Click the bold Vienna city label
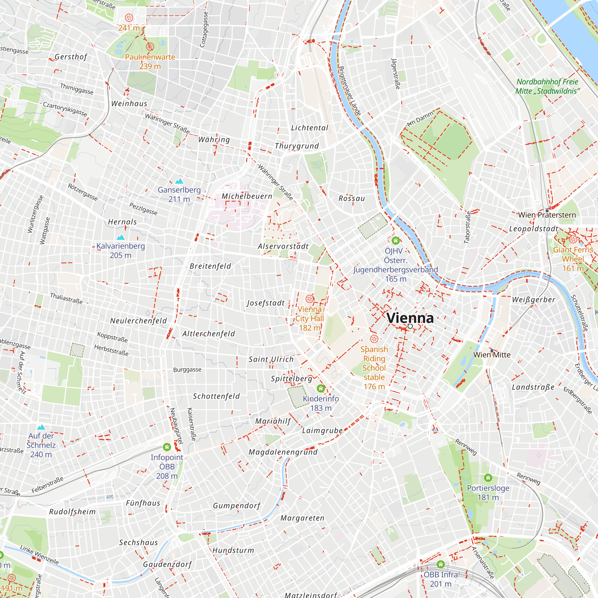[410, 318]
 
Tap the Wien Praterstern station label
[547, 215]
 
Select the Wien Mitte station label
[492, 355]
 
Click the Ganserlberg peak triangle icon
[179, 181]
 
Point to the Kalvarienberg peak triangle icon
[120, 237]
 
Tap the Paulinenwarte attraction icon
[150, 47]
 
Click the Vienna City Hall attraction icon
[309, 299]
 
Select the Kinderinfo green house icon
[321, 388]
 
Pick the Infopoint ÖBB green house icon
[167, 447]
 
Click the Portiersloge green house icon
[488, 478]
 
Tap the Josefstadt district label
[266, 303]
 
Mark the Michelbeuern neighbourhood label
[247, 196]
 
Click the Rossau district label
[352, 199]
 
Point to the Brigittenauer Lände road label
[350, 91]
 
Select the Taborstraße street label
[467, 227]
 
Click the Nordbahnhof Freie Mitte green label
[547, 86]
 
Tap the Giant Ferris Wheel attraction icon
[573, 239]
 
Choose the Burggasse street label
[187, 370]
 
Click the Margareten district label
[302, 518]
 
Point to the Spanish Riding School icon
[374, 339]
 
